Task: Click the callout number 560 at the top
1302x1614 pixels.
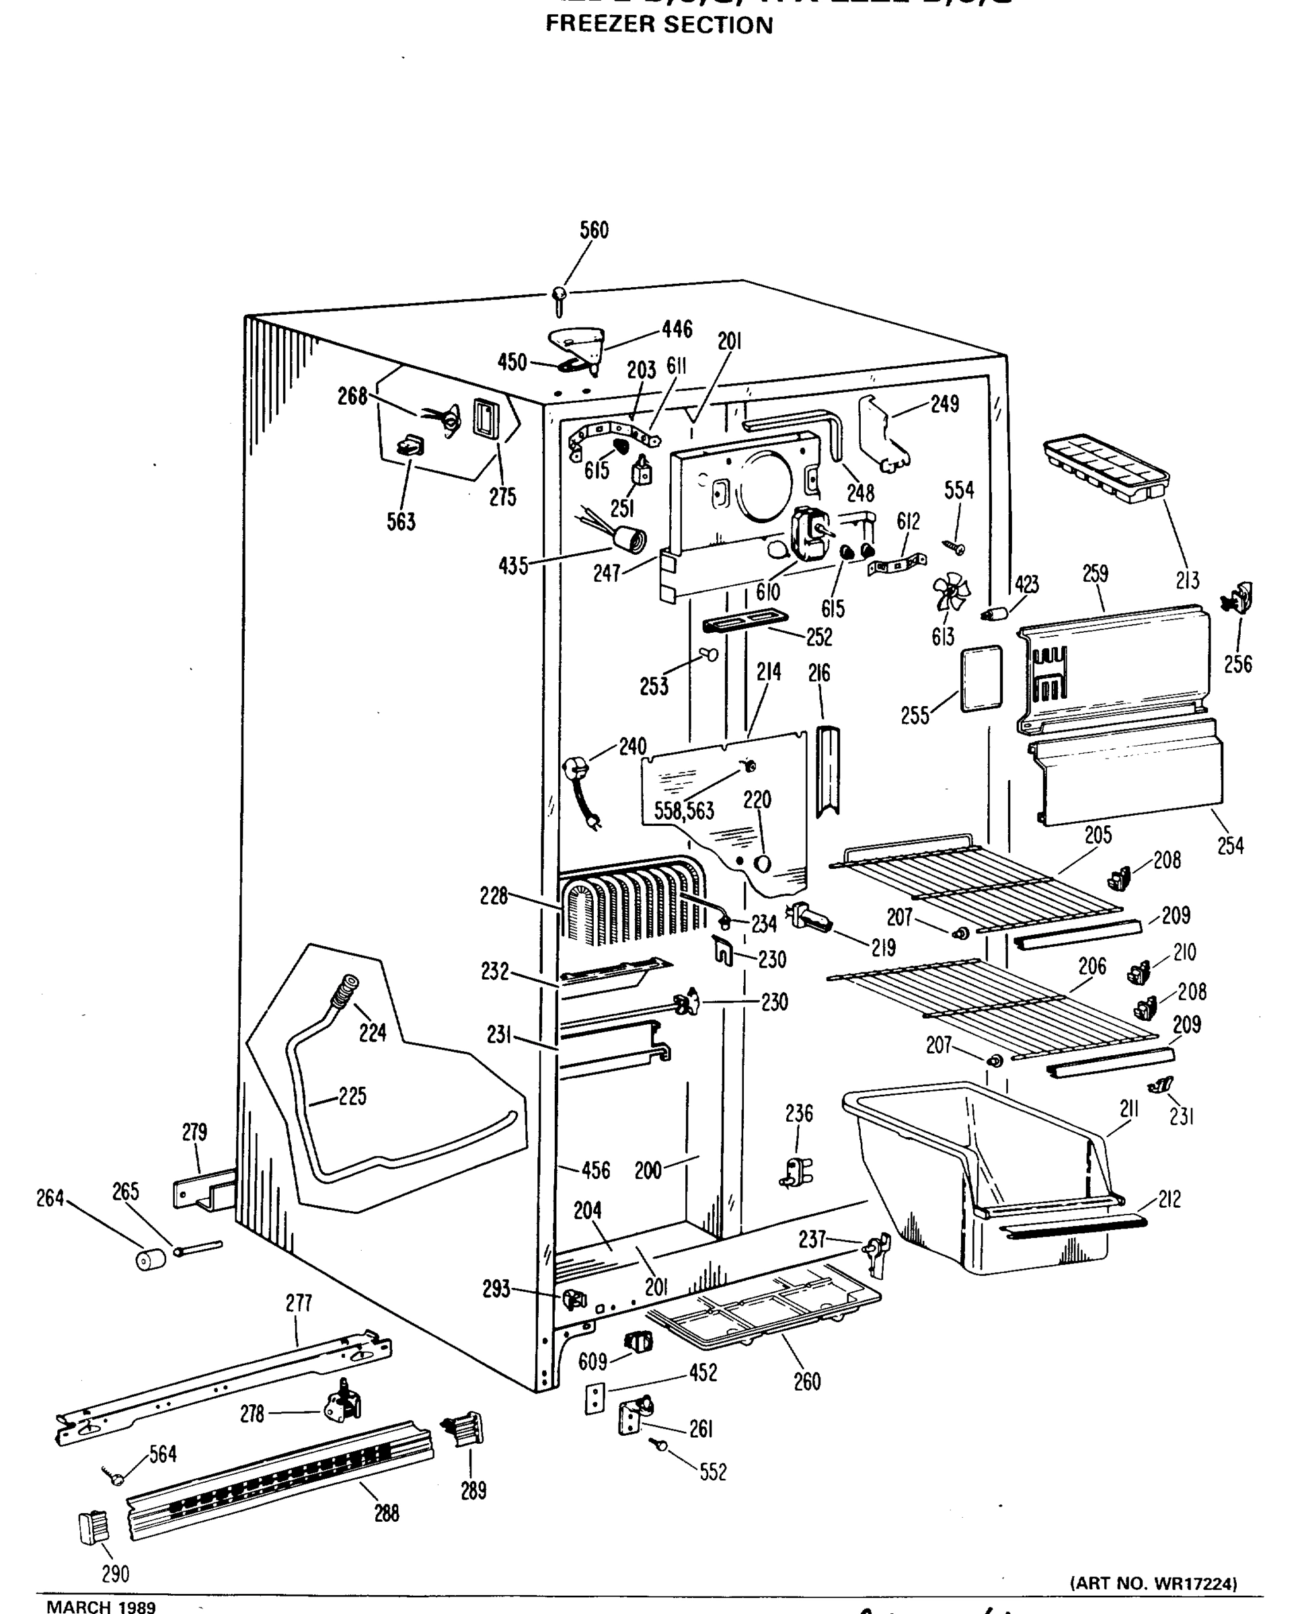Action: [593, 230]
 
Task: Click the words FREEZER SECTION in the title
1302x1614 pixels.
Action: [658, 25]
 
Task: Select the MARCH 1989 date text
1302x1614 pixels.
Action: [102, 1606]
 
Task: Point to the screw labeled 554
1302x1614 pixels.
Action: [954, 546]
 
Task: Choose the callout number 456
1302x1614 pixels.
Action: [595, 1170]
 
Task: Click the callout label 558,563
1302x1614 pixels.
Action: [683, 811]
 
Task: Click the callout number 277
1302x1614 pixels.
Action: [299, 1303]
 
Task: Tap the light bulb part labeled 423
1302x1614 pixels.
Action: [993, 614]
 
